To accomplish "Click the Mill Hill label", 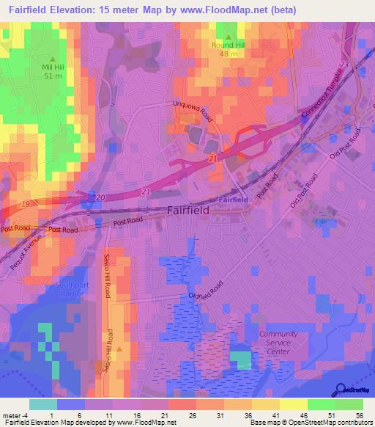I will (52, 66).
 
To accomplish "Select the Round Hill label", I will (229, 45).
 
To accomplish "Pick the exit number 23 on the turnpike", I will (344, 65).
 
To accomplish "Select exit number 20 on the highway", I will (100, 198).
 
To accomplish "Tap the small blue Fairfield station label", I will (233, 199).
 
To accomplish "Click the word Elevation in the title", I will (68, 9).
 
